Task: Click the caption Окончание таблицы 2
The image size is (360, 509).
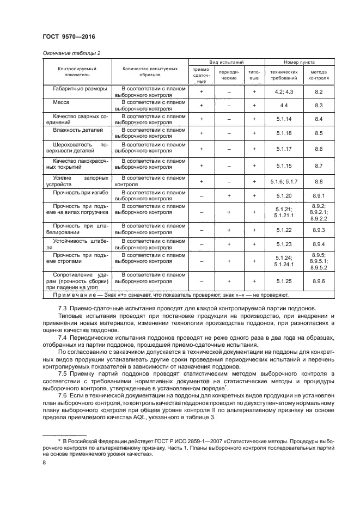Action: (71, 53)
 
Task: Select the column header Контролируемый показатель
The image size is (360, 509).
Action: (77, 73)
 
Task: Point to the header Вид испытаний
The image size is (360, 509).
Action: (226, 63)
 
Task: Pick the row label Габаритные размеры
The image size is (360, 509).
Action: (80, 88)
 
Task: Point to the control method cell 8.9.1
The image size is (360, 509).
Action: (319, 195)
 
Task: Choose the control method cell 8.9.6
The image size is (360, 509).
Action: (319, 281)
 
